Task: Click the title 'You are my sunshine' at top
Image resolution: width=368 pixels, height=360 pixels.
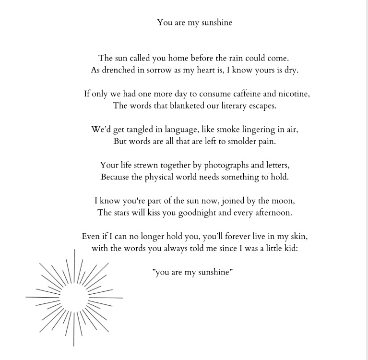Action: (194, 23)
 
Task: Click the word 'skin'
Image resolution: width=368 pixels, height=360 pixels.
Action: (299, 237)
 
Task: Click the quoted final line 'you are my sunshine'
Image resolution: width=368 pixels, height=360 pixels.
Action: (193, 272)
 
